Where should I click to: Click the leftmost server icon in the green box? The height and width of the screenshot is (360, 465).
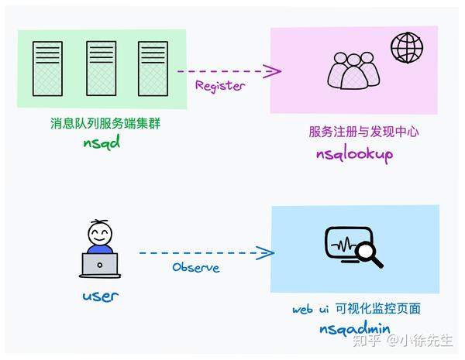(47, 69)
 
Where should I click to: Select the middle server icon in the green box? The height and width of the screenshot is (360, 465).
(101, 69)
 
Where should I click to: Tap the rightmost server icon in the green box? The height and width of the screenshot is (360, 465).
(153, 69)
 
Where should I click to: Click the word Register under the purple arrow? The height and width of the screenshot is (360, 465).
(219, 86)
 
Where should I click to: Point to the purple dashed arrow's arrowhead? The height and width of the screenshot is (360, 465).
(273, 71)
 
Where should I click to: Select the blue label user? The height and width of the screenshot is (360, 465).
(100, 295)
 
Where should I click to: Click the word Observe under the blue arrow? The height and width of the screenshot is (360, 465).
(195, 267)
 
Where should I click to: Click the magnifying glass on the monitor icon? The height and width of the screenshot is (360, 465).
(369, 253)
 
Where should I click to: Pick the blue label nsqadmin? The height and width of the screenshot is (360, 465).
(355, 328)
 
